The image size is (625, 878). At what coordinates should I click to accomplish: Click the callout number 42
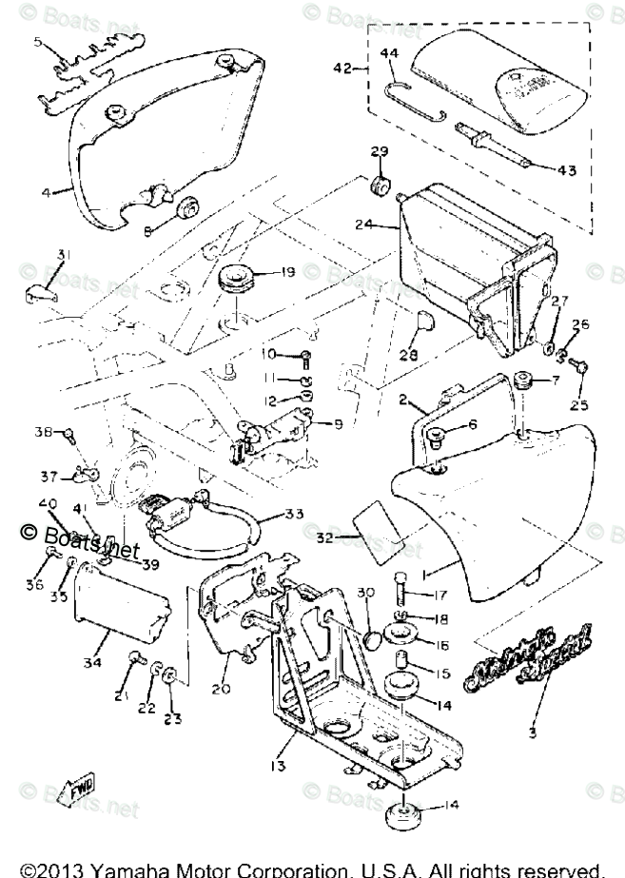tap(342, 68)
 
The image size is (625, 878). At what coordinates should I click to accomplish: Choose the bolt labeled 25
tap(583, 367)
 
